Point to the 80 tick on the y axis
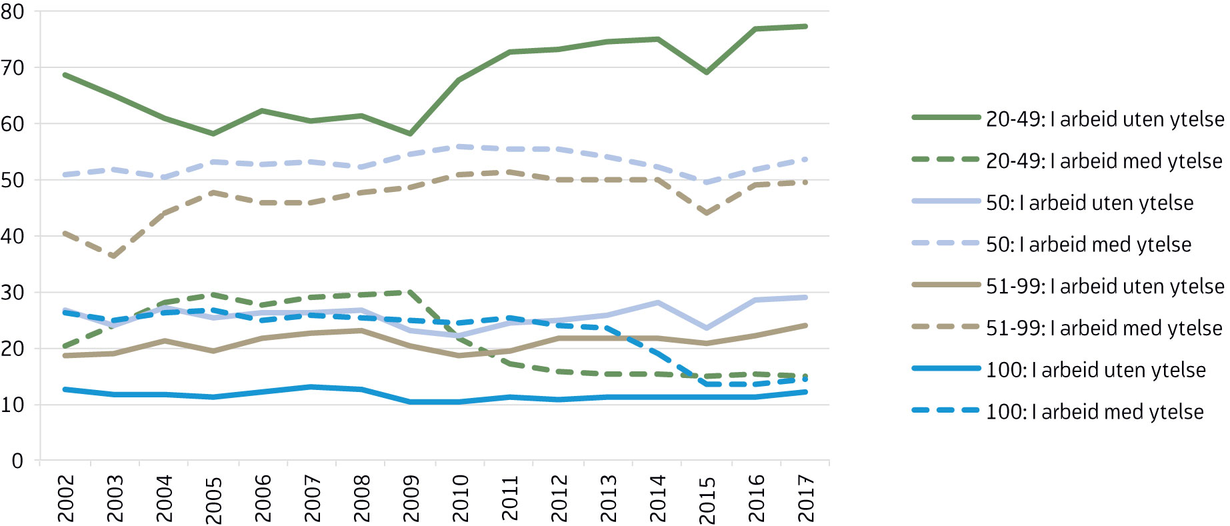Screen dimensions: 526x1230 (x=13, y=11)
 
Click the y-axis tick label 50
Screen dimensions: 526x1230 (x=13, y=180)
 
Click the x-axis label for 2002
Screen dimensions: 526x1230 (x=65, y=499)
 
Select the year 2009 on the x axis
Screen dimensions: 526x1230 (x=411, y=499)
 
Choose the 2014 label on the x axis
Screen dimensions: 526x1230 (x=657, y=499)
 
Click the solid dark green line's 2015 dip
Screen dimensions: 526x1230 (x=707, y=72)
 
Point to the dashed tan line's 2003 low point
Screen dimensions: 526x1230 (x=115, y=257)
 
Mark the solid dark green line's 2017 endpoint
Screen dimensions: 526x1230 (x=805, y=27)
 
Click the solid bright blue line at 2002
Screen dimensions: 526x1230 (x=65, y=389)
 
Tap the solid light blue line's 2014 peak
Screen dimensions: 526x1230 (x=657, y=303)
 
